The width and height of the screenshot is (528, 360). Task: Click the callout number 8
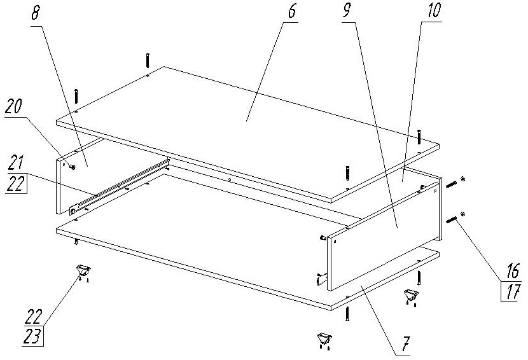pyautogui.click(x=36, y=13)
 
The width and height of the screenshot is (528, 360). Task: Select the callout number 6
pyautogui.click(x=291, y=10)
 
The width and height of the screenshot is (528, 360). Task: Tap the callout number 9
pyautogui.click(x=347, y=10)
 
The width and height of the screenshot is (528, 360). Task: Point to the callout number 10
pyautogui.click(x=434, y=10)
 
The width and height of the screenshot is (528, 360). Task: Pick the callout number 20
pyautogui.click(x=14, y=106)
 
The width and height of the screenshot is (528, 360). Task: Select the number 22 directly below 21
pyautogui.click(x=16, y=184)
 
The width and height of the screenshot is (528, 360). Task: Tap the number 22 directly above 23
pyautogui.click(x=34, y=316)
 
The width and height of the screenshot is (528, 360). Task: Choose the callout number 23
pyautogui.click(x=32, y=336)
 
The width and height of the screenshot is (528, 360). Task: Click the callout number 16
pyautogui.click(x=513, y=270)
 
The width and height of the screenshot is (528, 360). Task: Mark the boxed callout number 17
pyautogui.click(x=512, y=291)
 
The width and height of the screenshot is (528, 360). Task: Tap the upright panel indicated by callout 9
pyautogui.click(x=384, y=236)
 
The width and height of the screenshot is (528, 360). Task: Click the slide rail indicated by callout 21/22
pyautogui.click(x=120, y=186)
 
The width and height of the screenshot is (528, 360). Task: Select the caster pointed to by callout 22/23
pyautogui.click(x=83, y=271)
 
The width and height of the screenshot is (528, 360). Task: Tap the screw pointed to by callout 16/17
pyautogui.click(x=451, y=221)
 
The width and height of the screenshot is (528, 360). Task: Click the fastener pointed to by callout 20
pyautogui.click(x=73, y=167)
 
